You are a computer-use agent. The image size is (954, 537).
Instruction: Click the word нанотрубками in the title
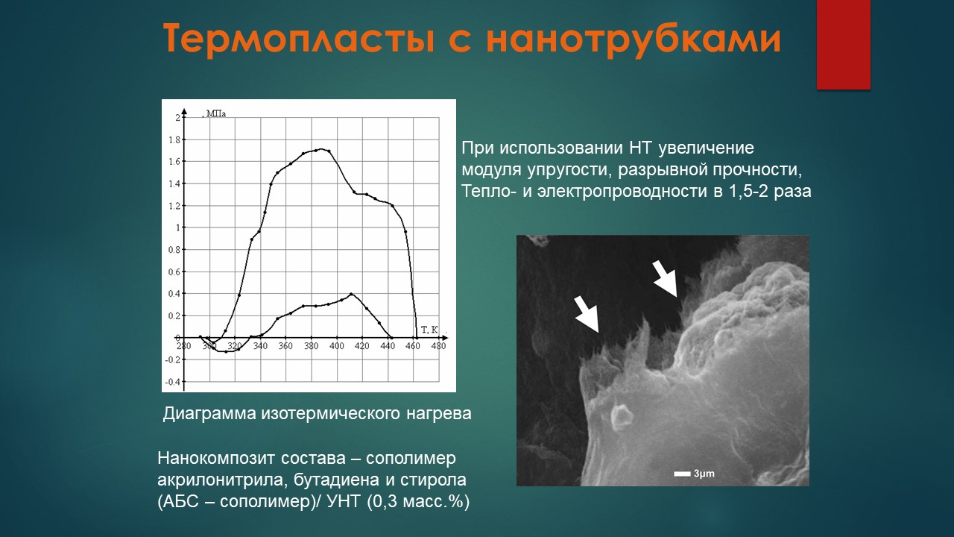pos(634,39)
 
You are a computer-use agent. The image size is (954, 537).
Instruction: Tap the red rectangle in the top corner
pos(843,44)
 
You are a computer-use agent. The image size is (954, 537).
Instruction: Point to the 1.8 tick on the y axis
pos(175,139)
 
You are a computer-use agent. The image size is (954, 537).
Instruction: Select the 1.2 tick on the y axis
pos(175,206)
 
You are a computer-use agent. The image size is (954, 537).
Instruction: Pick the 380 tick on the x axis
pos(312,346)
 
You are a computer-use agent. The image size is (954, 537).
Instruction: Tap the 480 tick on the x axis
pos(439,346)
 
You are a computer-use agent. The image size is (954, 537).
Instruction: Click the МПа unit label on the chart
pos(216,114)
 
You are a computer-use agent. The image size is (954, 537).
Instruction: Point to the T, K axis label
pos(429,330)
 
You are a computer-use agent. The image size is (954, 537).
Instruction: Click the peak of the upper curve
pos(320,149)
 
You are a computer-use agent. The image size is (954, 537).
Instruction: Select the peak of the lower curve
pos(351,294)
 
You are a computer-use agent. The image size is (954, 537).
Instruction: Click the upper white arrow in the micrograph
pos(665,279)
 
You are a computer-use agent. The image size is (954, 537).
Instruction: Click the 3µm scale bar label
pos(704,474)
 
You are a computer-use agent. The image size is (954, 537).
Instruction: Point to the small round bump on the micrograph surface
pos(622,415)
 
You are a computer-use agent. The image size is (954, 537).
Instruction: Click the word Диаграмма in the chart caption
pos(209,414)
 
